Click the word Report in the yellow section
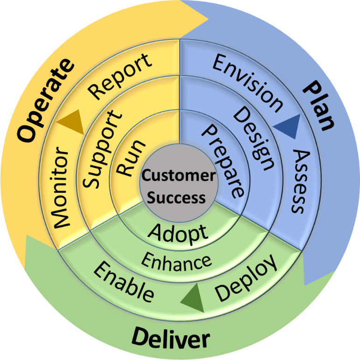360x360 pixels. click(120, 76)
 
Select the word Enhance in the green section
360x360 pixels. click(176, 261)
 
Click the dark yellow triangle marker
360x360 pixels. click(71, 123)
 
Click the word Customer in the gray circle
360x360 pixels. click(179, 176)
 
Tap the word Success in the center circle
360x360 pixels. click(179, 198)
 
